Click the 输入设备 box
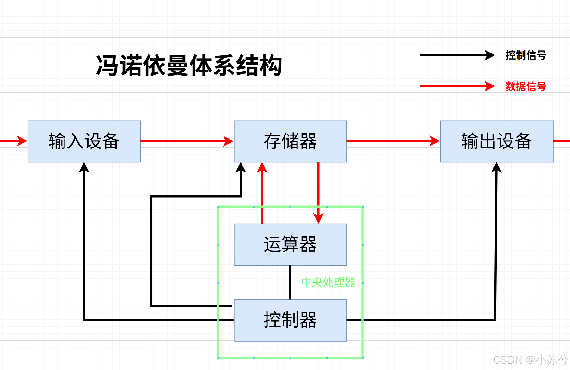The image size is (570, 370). coord(84,141)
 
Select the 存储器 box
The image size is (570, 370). coord(290,141)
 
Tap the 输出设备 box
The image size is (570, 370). coord(496,141)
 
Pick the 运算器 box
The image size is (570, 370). coord(290,245)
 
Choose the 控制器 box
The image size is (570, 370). coord(290,320)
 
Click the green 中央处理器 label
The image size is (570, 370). coord(328,282)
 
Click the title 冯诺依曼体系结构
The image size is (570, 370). coord(189,66)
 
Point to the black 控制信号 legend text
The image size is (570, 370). coord(526,55)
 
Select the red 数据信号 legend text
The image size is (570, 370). coord(526,86)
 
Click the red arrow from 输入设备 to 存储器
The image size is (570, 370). coord(187,141)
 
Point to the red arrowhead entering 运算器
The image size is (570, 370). coord(318,218)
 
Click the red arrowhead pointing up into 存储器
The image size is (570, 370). coord(262,167)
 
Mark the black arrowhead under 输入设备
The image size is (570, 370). coord(84,167)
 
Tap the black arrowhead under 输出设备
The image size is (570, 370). coord(496,167)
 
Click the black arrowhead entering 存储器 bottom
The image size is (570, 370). coord(241,167)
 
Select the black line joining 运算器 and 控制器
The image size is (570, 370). coord(290,282)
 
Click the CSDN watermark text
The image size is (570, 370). coord(530,360)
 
